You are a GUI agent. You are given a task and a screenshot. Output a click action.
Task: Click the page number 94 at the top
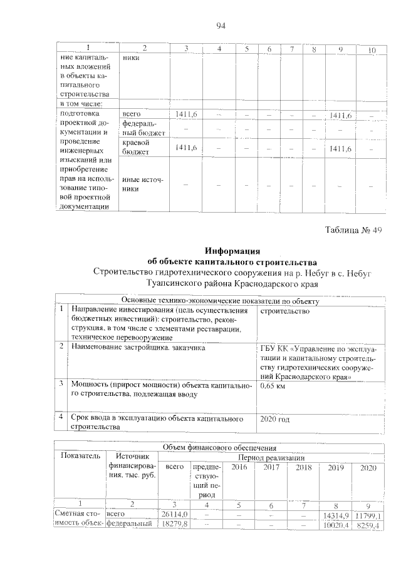point(220,26)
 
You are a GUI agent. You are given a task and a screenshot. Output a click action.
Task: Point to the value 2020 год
point(275,420)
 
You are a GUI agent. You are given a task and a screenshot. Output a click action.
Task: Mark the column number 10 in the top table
point(372,49)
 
